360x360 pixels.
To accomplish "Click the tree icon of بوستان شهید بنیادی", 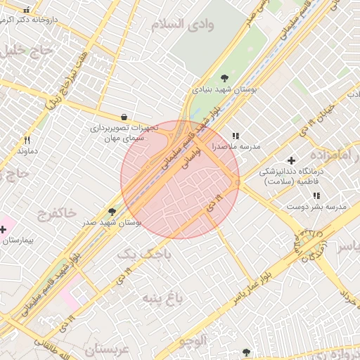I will pyautogui.click(x=224, y=78).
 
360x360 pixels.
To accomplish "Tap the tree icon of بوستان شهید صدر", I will pyautogui.click(x=112, y=210).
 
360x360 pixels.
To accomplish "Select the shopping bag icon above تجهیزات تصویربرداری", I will pyautogui.click(x=124, y=117).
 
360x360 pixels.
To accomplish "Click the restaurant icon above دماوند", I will pyautogui.click(x=27, y=140).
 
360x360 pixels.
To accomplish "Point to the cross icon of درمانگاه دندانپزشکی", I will pyautogui.click(x=291, y=161).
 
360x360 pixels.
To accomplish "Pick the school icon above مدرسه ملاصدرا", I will pyautogui.click(x=236, y=136).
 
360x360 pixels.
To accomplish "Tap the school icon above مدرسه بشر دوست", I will pyautogui.click(x=316, y=195).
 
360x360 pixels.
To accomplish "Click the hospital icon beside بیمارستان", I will pyautogui.click(x=4, y=229).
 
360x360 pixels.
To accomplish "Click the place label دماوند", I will pyautogui.click(x=27, y=151).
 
